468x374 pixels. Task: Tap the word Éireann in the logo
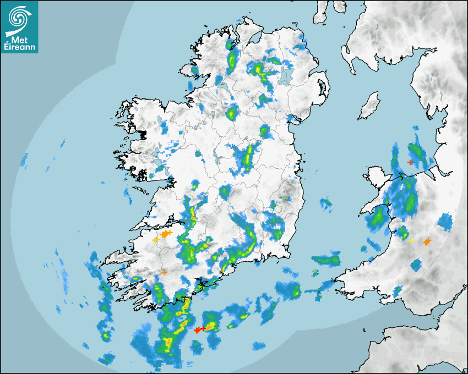click(19, 47)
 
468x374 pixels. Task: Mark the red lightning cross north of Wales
click(410, 162)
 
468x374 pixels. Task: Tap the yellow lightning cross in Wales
click(411, 240)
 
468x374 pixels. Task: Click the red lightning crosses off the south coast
click(199, 329)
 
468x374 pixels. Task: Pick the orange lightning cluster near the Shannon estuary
click(166, 234)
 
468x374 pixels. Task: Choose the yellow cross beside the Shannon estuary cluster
click(155, 239)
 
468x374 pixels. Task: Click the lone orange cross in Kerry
click(164, 272)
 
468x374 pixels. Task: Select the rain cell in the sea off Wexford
click(326, 258)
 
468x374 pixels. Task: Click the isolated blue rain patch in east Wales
click(445, 222)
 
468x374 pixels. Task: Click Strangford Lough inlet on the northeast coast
click(321, 88)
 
